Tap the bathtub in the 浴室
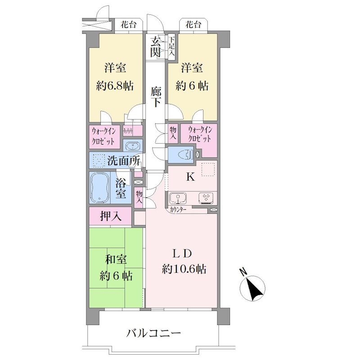pos(100,188)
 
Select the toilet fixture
pos(187,154)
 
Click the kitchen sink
pos(177,198)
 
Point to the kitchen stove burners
pos(206,198)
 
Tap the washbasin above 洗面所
pos(132,145)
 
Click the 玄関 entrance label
pos(155,47)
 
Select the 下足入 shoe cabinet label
pos(172,47)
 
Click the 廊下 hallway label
pos(156,97)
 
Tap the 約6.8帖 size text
pos(115,86)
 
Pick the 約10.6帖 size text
pos(184,268)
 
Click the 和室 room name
pos(116,260)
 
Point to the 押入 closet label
pos(111,216)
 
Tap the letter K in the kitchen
pos(190,177)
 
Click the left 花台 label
pos(129,25)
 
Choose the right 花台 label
pos(193,25)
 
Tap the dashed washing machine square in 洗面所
pos(99,160)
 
